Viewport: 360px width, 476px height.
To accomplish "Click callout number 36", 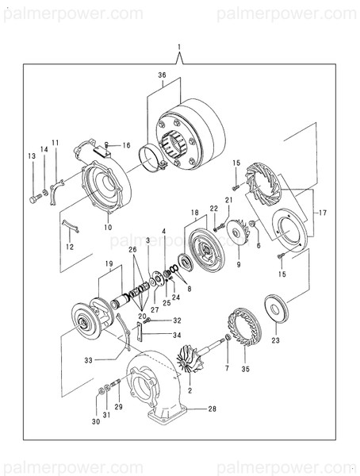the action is (162, 75).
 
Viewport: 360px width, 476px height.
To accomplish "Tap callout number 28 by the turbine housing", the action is (213, 409).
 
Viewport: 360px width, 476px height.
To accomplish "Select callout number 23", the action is (275, 340).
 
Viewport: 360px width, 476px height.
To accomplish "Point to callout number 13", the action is (32, 156).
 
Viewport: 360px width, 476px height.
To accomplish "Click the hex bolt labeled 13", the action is (35, 199).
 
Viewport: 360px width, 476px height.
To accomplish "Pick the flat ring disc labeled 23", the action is (277, 309).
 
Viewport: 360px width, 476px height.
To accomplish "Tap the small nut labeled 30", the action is (101, 392).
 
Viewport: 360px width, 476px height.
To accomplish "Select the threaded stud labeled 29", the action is (115, 383).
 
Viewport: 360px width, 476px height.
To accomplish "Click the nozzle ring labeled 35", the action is (245, 327).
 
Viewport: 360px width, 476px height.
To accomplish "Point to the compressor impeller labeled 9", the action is (239, 232).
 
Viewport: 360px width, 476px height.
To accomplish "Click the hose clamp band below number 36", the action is (153, 158).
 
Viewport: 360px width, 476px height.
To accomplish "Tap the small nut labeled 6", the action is (251, 224).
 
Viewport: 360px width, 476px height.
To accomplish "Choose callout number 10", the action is (108, 228).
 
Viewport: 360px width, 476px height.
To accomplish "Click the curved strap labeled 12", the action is (71, 226).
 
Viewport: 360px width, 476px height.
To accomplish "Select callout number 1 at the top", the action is (179, 47).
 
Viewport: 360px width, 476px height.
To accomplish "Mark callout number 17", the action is (323, 213).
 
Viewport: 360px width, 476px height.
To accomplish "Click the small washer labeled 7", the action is (228, 336).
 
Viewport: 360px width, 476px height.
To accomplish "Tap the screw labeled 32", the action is (146, 320).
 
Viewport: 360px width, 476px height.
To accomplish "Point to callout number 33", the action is (88, 360).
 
